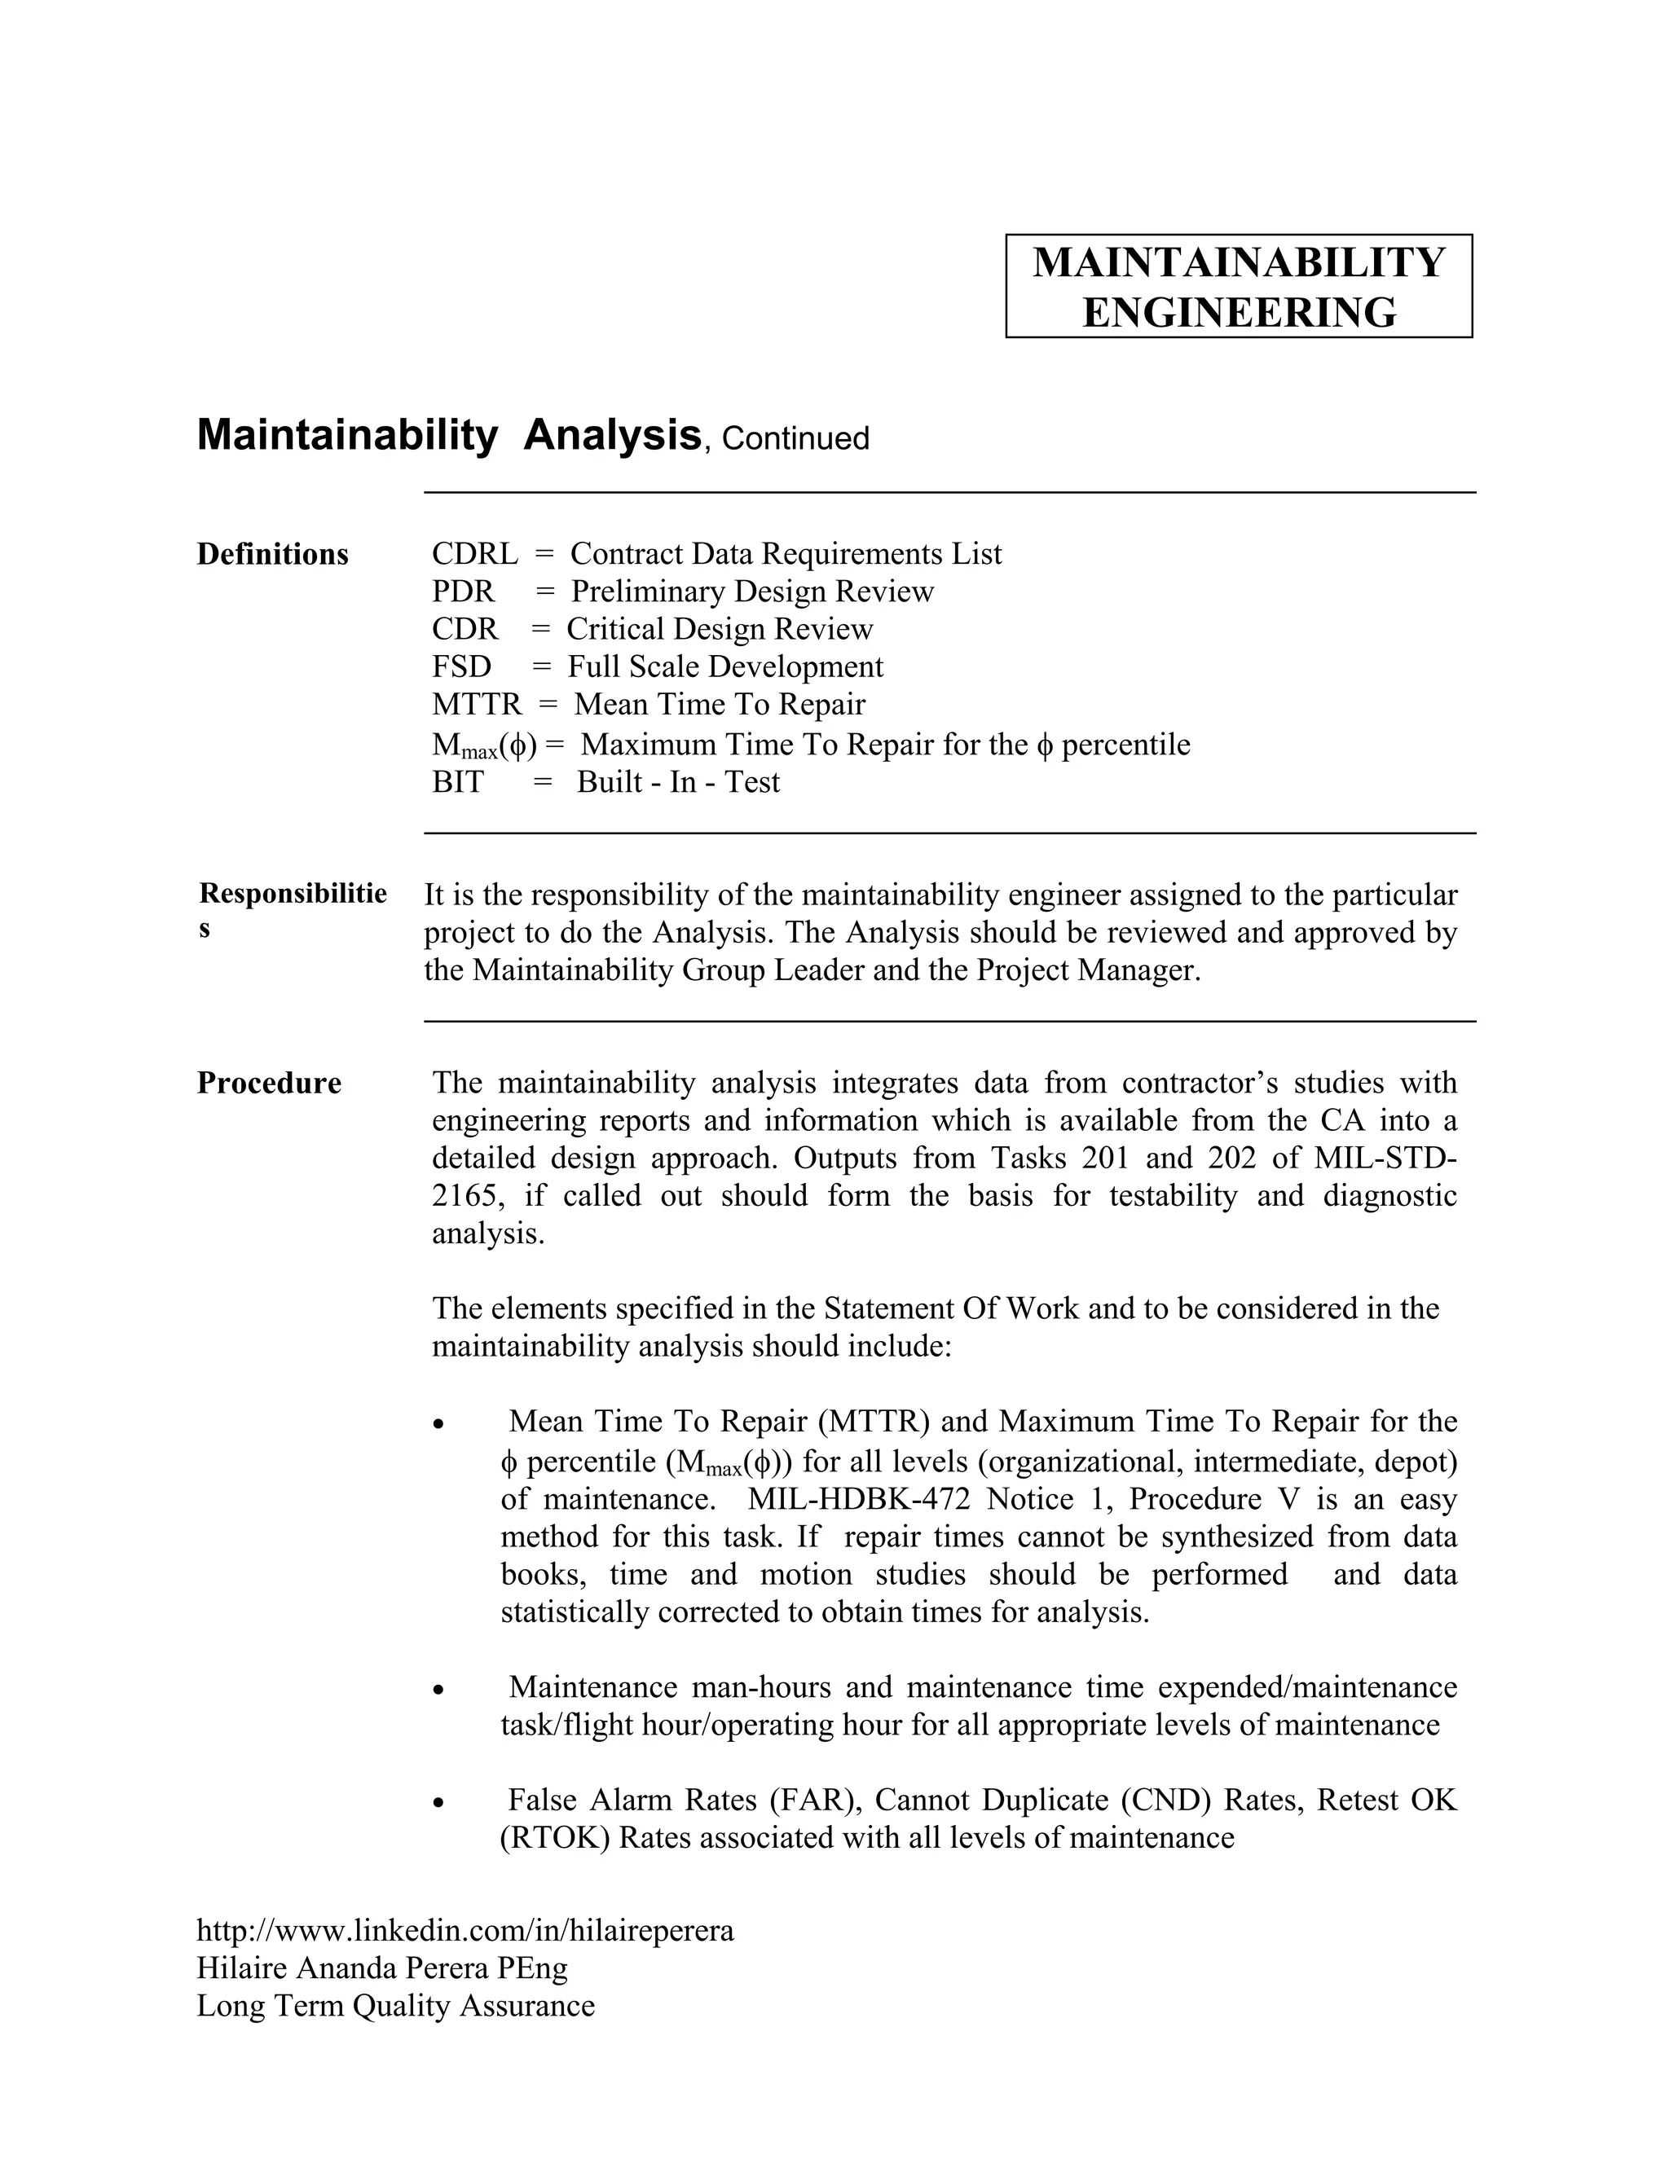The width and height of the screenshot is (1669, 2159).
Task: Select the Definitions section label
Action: [273, 555]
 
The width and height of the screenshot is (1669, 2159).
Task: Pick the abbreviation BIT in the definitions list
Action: [458, 782]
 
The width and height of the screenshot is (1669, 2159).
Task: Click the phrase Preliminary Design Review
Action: [751, 591]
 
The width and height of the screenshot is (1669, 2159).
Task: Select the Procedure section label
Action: [269, 1084]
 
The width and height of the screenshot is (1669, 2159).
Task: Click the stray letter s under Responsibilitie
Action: [205, 930]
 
